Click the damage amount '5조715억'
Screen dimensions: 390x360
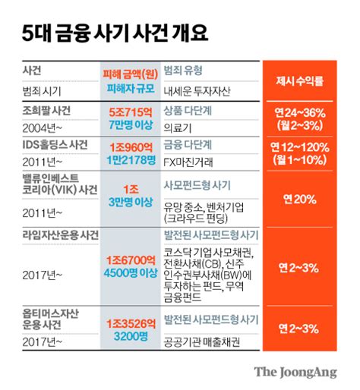128,110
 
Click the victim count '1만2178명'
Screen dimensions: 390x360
128,159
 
